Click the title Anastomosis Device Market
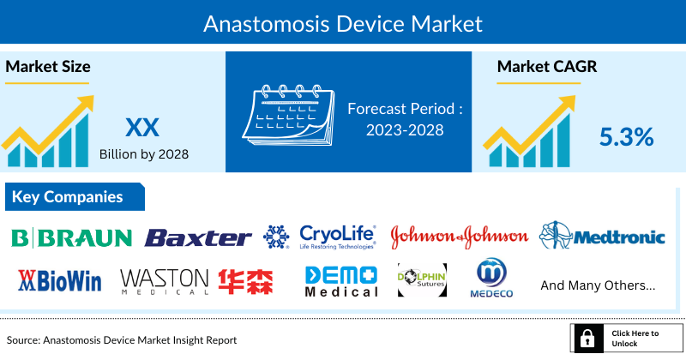coord(343,23)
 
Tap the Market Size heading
coord(48,66)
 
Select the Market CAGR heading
coord(546,66)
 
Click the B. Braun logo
coord(72,237)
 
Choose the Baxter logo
coord(198,237)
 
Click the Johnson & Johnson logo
coord(460,237)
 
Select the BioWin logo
coord(60,280)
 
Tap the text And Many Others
coord(599,284)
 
